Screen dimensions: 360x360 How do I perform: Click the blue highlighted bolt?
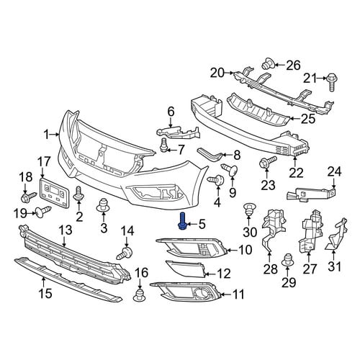[183, 221]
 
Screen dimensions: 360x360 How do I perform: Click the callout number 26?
[294, 66]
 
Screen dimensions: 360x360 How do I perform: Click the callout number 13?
[66, 230]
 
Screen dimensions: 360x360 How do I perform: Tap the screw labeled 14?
[125, 253]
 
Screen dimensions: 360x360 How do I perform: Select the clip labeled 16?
[140, 295]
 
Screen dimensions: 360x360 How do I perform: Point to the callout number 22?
[296, 173]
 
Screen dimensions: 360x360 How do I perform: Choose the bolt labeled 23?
[268, 162]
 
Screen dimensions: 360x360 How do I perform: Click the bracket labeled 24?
[311, 194]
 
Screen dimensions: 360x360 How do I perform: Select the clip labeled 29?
[287, 260]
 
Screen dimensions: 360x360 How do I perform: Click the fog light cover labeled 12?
[186, 269]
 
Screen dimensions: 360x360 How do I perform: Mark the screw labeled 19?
[43, 211]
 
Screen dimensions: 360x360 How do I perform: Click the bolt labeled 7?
[163, 145]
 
